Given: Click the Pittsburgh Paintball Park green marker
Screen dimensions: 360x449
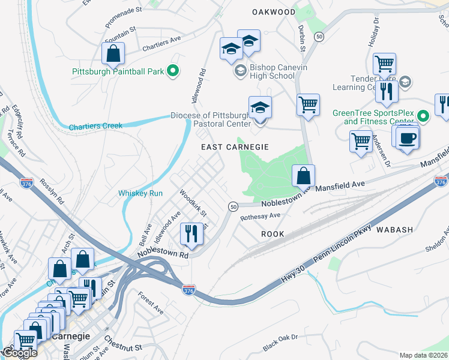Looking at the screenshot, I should (x=173, y=71).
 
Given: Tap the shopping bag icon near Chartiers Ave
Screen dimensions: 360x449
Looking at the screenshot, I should (x=113, y=54).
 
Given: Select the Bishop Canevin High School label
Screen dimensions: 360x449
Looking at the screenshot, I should (x=264, y=72).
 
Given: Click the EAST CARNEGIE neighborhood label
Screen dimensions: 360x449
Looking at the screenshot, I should (x=234, y=146).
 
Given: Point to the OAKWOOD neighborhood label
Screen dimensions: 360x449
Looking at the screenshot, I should (x=274, y=12).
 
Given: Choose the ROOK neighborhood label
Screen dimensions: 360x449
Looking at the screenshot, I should (x=273, y=233).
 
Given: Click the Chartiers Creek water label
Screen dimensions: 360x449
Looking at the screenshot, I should (x=95, y=126).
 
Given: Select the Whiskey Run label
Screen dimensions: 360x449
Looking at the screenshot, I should (x=140, y=193).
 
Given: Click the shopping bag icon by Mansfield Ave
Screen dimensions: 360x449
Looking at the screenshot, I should (x=304, y=176).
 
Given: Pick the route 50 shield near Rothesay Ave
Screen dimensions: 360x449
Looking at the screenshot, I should (x=232, y=206).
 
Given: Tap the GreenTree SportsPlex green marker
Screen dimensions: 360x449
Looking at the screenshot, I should (x=423, y=116).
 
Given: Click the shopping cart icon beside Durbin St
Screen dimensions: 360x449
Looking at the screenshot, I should (x=308, y=105).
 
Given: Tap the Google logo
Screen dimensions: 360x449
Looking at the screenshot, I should (x=19, y=353).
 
